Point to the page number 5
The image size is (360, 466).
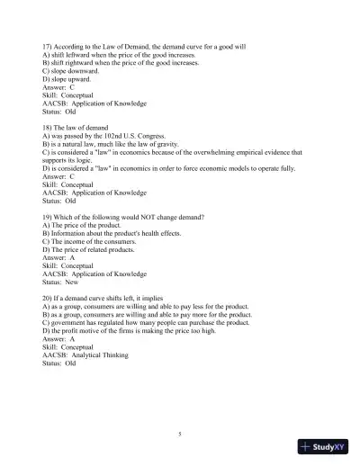click(180, 435)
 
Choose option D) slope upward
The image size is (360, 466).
click(67, 79)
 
